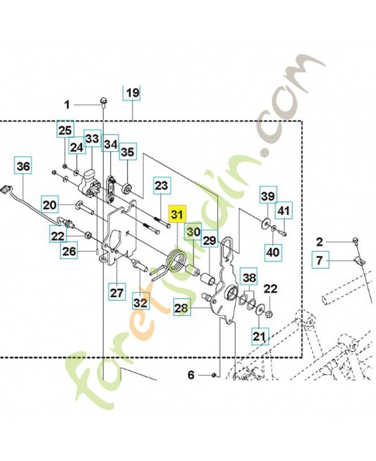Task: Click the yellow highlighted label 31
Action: click(177, 214)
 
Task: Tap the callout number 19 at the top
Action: click(131, 93)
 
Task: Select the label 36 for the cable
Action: click(24, 166)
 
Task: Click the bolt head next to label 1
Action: click(104, 101)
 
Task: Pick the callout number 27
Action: click(117, 292)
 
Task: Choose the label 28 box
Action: click(181, 308)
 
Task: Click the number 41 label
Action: click(284, 210)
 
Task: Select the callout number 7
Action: click(321, 260)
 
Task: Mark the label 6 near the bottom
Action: click(191, 375)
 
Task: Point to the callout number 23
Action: click(161, 185)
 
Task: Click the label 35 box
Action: click(128, 152)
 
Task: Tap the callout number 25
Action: click(65, 130)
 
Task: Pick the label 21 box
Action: click(260, 336)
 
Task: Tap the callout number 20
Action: click(50, 205)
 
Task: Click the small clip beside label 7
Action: click(357, 260)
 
